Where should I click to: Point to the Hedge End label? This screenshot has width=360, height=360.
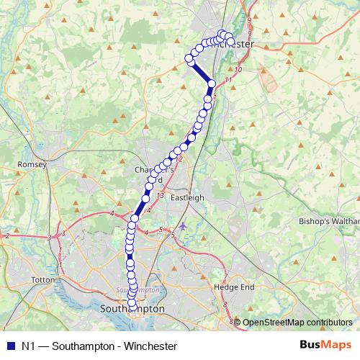click(230, 287)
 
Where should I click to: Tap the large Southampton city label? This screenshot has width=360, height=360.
click(130, 308)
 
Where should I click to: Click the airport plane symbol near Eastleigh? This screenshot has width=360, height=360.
click(184, 227)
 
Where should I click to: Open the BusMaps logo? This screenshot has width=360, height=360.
click(326, 346)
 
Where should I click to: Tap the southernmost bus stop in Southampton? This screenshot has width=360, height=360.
click(132, 307)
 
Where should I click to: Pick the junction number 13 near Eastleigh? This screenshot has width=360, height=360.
click(160, 195)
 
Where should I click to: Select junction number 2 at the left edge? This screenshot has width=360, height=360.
click(6, 235)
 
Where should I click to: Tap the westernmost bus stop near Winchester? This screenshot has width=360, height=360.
click(189, 58)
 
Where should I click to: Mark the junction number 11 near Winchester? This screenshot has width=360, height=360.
click(228, 79)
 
